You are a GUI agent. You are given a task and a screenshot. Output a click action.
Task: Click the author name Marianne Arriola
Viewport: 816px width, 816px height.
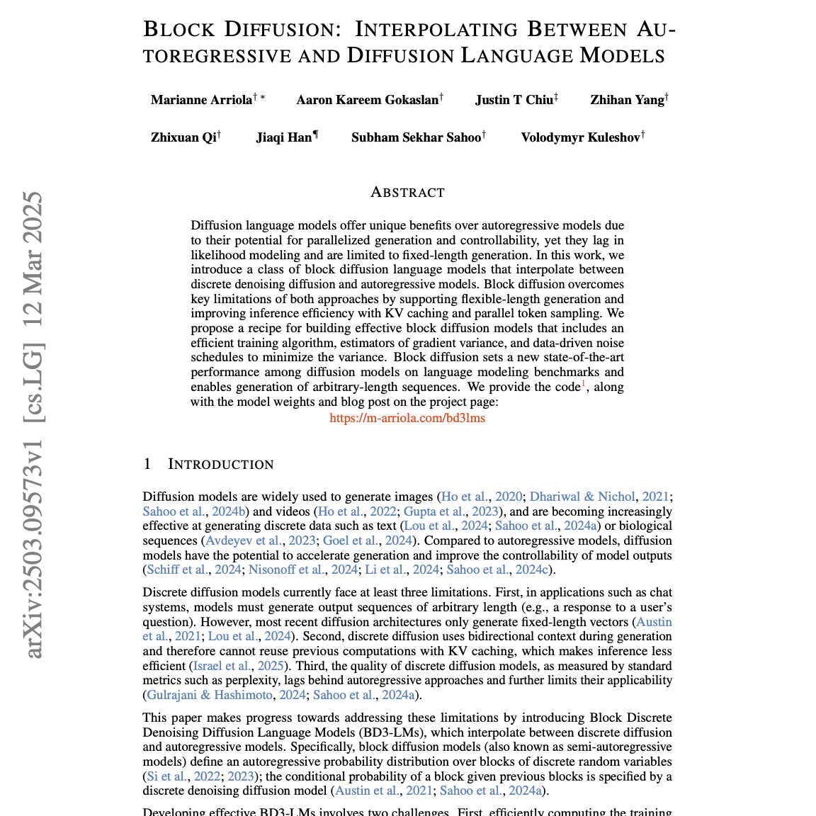201,100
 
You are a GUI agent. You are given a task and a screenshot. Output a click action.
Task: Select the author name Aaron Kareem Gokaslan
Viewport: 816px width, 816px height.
367,100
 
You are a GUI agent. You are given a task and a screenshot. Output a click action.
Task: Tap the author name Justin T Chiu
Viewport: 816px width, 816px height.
514,100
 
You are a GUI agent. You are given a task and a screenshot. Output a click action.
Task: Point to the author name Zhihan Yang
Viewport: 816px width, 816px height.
627,100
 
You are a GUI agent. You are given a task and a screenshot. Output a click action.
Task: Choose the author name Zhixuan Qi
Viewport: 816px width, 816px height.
183,137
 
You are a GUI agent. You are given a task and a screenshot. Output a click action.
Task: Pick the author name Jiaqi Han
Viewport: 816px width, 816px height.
284,137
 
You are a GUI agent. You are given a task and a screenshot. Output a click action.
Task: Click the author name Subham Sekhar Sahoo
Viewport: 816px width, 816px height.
416,137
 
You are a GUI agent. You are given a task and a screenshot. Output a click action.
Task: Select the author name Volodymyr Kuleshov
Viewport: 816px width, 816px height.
580,137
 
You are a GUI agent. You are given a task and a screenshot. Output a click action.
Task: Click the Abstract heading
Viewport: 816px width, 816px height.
407,193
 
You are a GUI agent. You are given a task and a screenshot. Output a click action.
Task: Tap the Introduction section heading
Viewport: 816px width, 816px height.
220,464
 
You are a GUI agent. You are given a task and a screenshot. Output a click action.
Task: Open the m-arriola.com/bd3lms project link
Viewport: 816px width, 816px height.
407,418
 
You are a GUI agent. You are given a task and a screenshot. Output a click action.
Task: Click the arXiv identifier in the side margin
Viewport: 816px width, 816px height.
34,425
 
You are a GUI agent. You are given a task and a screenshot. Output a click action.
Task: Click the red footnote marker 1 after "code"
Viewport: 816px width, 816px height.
584,384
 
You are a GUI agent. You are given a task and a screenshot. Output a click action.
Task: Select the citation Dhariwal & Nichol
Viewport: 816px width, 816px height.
582,497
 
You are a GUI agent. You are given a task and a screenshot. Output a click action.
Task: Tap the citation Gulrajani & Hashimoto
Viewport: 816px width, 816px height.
209,695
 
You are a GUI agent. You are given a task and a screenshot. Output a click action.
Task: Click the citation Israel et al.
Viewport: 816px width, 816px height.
222,666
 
